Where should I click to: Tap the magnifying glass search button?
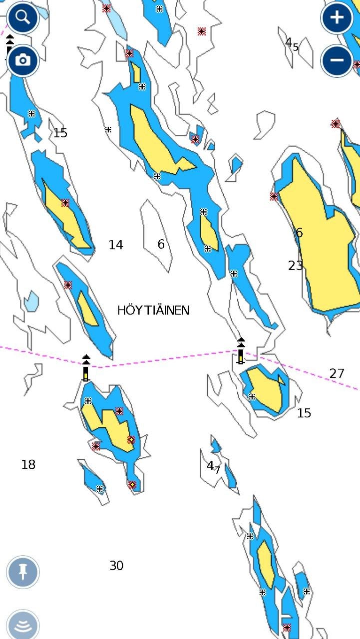point(22,17)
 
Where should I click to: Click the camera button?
point(22,60)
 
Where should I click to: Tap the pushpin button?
point(22,572)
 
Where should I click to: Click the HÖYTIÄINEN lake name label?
point(153,310)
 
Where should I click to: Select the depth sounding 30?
point(116,566)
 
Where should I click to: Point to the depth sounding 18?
point(28,465)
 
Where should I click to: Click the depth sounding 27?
point(337,373)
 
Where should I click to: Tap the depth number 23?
point(296,266)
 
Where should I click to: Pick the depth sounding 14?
point(116,245)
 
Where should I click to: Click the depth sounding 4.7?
point(213,466)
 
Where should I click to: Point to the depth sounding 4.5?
point(292,44)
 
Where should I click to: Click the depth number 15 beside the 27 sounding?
point(304,413)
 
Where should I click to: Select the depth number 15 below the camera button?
point(60,133)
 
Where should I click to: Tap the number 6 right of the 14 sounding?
point(161,244)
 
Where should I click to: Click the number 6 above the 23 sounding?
point(299,233)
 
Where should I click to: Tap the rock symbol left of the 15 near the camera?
point(31,114)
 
